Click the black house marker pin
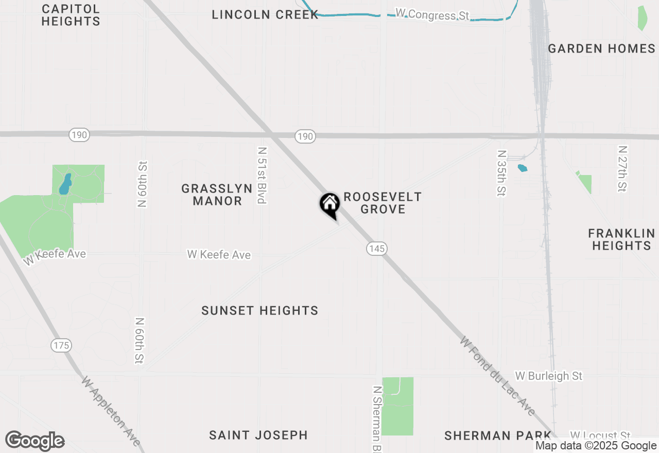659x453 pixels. click(x=329, y=205)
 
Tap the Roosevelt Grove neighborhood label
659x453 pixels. click(x=383, y=203)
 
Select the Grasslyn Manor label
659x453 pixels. click(x=217, y=195)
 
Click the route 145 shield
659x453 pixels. click(x=377, y=249)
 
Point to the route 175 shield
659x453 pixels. click(x=61, y=345)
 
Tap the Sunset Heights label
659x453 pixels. click(x=259, y=310)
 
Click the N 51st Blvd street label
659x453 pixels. click(x=262, y=175)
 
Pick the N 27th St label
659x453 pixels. click(x=623, y=168)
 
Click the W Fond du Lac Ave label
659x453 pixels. click(x=498, y=377)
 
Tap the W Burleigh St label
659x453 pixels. click(x=548, y=376)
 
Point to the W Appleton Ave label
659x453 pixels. click(x=111, y=411)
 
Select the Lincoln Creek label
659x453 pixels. click(x=265, y=14)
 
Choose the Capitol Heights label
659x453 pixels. click(x=71, y=15)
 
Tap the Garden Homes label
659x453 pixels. click(x=601, y=48)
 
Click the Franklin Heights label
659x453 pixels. click(x=621, y=239)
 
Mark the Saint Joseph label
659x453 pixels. click(x=258, y=435)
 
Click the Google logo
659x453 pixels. click(x=34, y=441)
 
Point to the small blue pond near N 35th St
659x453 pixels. click(x=523, y=168)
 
